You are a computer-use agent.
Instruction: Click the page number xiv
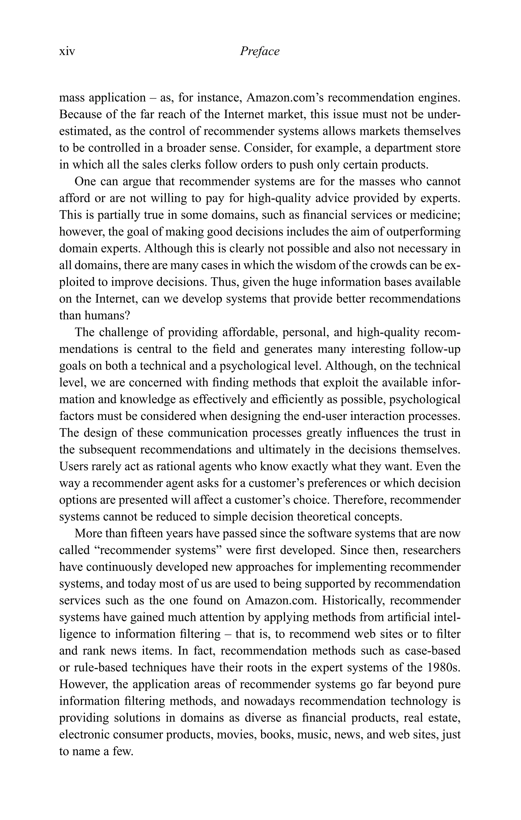click(x=67, y=52)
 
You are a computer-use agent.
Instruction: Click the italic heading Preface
click(x=259, y=51)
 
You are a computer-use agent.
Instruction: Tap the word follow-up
click(x=435, y=349)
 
